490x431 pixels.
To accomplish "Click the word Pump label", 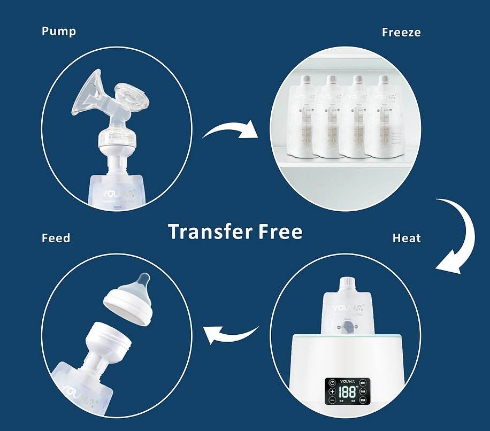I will (x=59, y=31).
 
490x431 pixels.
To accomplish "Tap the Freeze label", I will (x=401, y=32).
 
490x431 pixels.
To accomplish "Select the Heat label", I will (x=407, y=238).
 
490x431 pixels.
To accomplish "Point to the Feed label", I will (x=56, y=237).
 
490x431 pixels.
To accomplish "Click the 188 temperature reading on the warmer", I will (x=348, y=391).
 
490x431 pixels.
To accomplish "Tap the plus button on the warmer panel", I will (x=332, y=391).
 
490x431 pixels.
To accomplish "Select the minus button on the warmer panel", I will (x=332, y=400).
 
